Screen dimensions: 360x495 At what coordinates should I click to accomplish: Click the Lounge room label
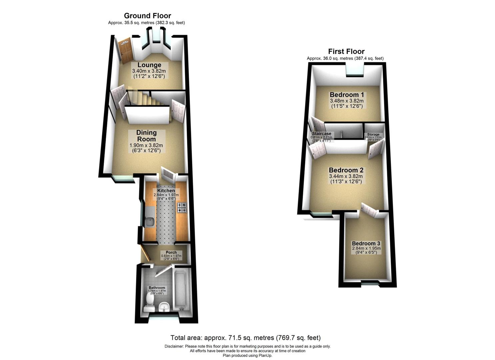coord(149,65)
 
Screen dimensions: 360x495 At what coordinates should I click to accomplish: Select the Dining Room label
coord(146,136)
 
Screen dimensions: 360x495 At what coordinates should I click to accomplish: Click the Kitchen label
coord(166,191)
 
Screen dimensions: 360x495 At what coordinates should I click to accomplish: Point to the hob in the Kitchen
coord(182,207)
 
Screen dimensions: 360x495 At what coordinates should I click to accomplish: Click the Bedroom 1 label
coord(347,95)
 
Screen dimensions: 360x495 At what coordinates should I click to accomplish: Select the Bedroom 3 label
coord(366,244)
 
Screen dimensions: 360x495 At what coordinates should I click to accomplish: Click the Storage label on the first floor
coord(373,135)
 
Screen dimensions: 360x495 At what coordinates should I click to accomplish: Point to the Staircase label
coord(321,134)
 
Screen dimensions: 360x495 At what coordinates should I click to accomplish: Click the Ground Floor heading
coord(147,16)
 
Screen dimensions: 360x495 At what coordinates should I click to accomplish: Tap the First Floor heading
coord(346,51)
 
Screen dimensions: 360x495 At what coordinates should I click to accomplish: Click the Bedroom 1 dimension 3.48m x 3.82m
coord(347,101)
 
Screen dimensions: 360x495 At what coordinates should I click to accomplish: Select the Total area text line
coord(245,338)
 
